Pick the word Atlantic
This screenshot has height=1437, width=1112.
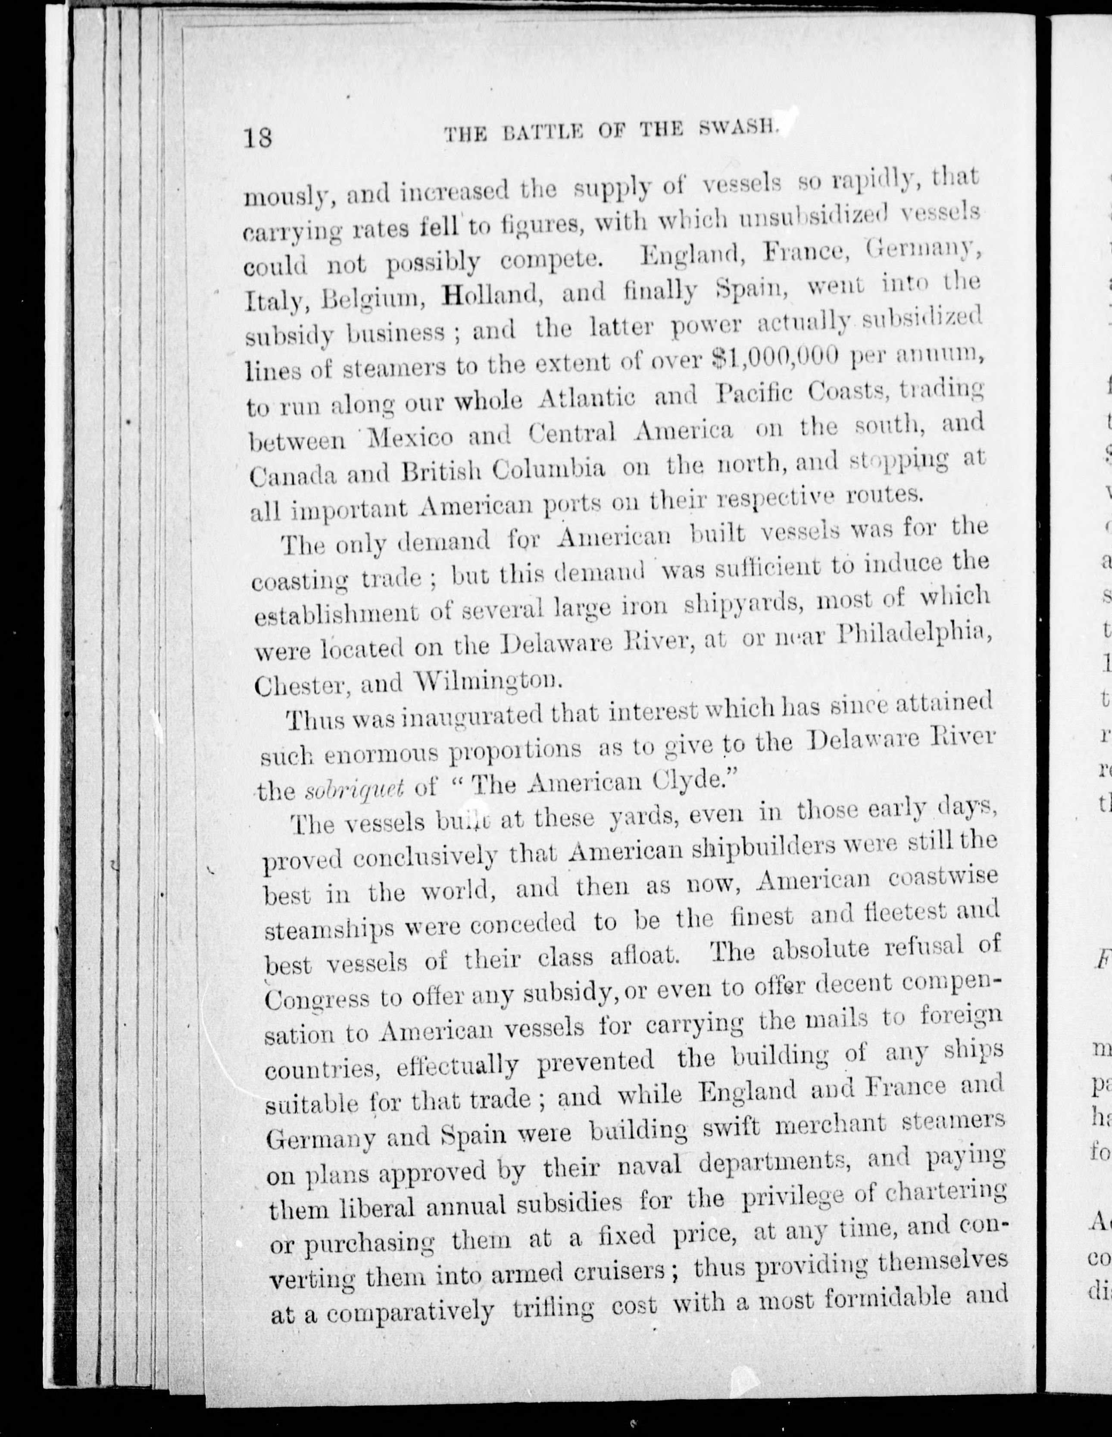(x=587, y=398)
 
